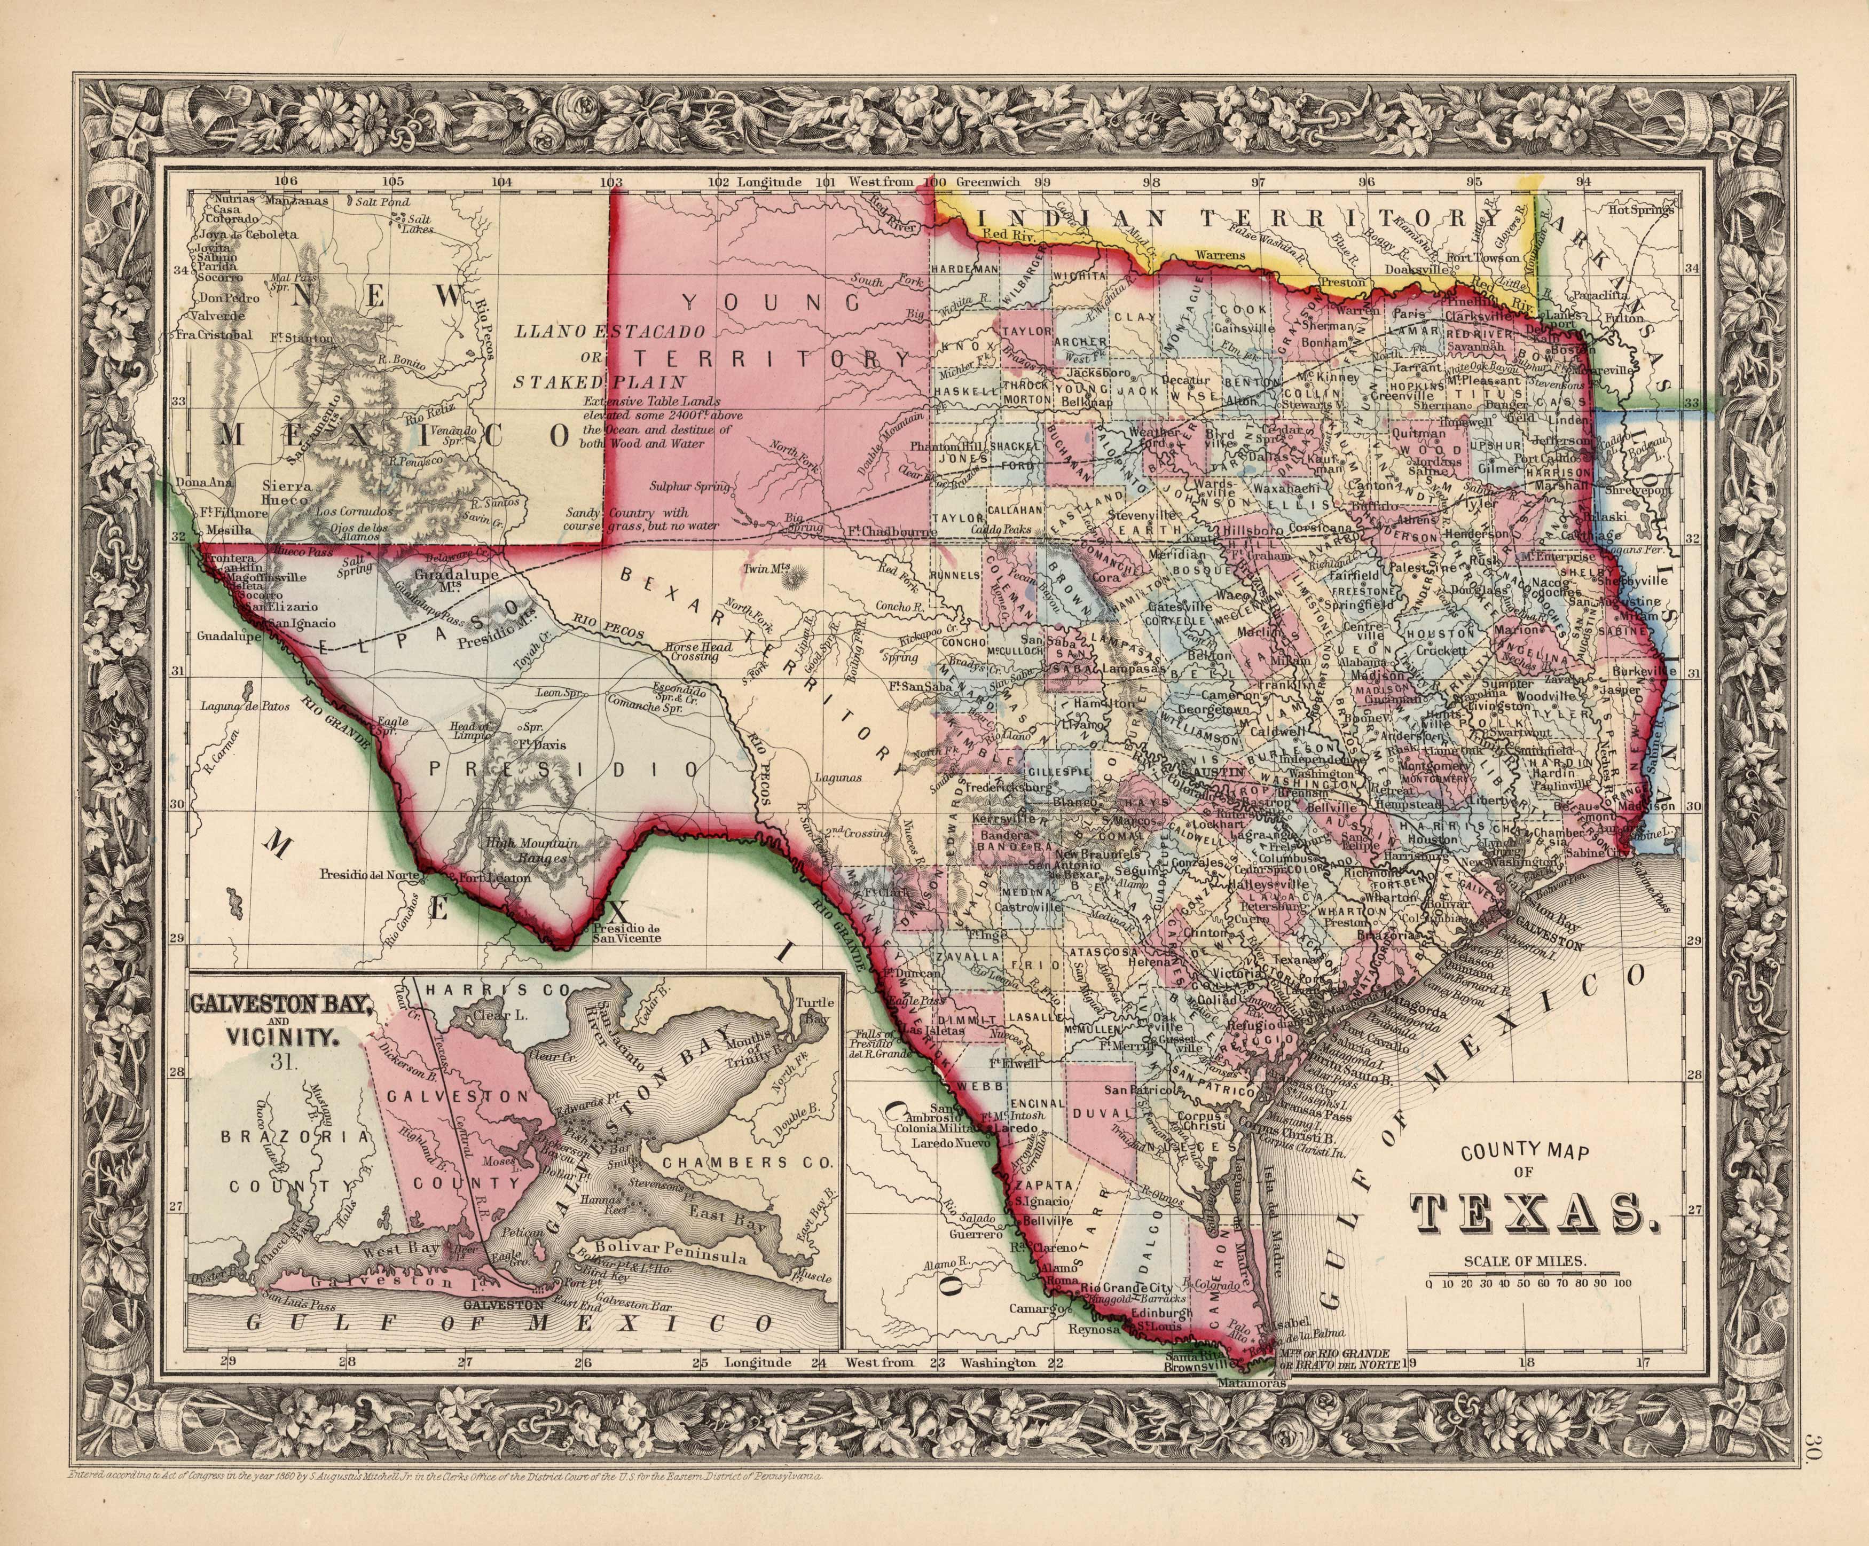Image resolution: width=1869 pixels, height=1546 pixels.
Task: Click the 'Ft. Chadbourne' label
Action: tap(893, 532)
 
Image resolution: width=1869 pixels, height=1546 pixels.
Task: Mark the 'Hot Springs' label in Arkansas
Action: tap(1641, 211)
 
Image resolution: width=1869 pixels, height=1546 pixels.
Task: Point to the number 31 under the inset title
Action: tap(284, 1059)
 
